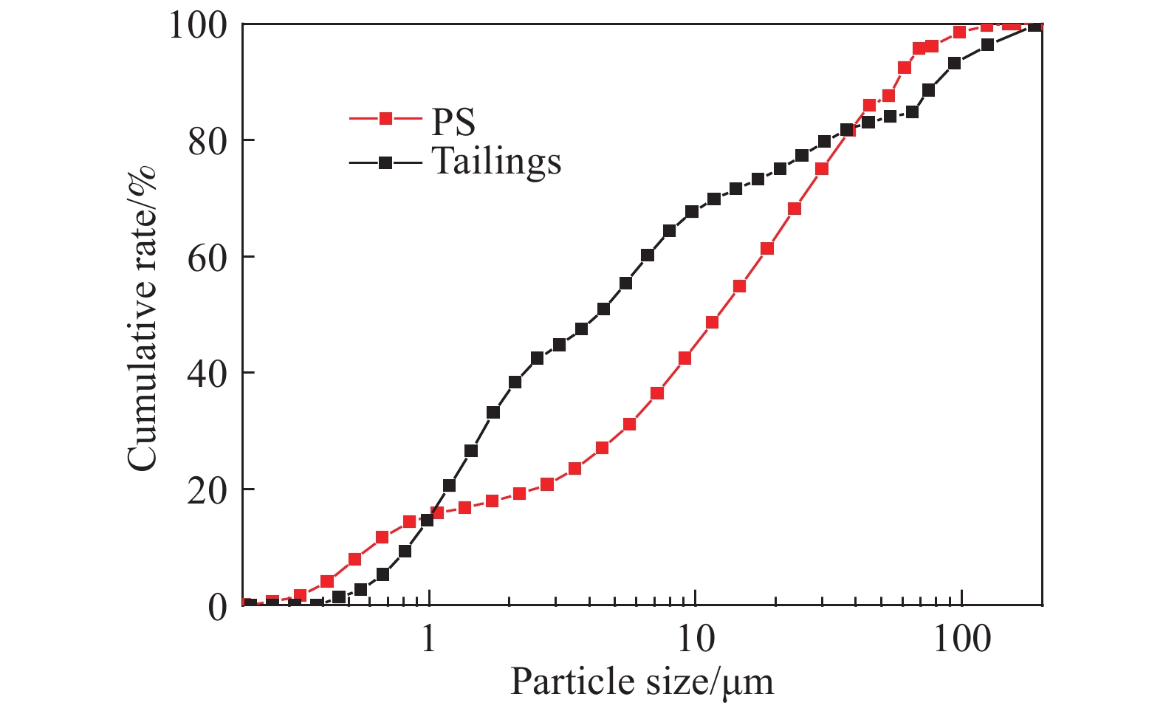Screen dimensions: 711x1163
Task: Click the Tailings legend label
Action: [496, 162]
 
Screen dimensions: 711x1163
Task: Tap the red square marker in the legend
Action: [385, 118]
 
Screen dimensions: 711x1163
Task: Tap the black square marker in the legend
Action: [385, 163]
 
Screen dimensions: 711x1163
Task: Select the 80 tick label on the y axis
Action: [207, 141]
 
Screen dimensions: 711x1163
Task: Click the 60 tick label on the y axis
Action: [207, 258]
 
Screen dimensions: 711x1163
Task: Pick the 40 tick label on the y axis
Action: [207, 374]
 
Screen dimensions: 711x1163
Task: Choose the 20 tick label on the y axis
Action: [207, 490]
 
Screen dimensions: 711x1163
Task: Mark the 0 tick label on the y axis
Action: [218, 607]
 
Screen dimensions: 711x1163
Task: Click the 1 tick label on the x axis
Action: [429, 639]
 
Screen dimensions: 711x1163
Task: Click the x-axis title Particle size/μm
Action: [642, 681]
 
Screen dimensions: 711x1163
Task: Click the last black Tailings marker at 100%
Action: [1035, 26]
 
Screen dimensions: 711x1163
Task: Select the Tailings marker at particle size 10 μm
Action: [692, 212]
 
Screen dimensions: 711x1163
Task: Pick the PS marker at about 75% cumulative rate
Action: [822, 169]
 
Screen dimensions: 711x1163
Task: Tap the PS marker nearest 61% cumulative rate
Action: [767, 249]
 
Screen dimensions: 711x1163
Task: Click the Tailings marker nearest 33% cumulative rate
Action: [493, 412]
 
